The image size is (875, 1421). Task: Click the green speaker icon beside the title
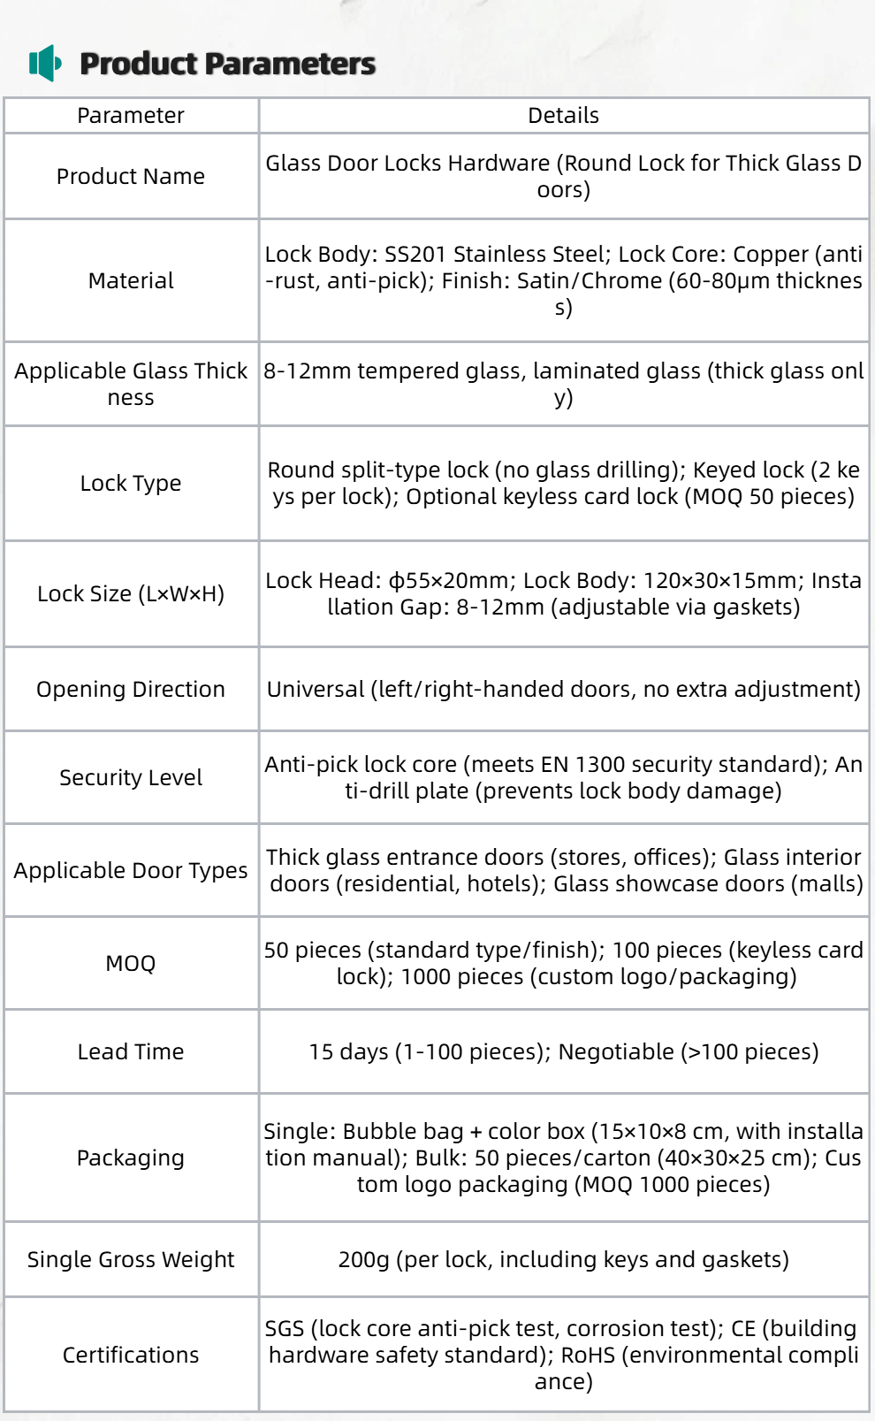click(45, 64)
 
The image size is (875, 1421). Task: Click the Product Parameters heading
click(227, 64)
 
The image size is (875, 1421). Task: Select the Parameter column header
click(131, 116)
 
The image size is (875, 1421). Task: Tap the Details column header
click(563, 116)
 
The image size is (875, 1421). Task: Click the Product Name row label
click(131, 177)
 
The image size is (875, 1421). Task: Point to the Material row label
click(131, 281)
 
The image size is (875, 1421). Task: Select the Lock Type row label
click(131, 484)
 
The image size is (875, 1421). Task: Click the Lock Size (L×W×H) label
click(131, 594)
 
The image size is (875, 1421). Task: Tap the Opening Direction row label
click(131, 690)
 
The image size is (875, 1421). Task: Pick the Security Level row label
click(131, 778)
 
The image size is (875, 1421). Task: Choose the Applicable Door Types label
click(131, 871)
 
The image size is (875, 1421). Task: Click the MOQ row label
click(131, 964)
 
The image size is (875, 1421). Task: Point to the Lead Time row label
click(131, 1052)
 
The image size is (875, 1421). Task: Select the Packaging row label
click(131, 1158)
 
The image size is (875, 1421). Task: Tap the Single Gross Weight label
click(131, 1260)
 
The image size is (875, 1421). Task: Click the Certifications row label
click(131, 1356)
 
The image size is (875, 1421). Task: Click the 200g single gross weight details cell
click(563, 1260)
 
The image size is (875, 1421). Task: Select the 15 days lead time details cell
click(563, 1052)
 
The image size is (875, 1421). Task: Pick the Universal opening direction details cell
click(563, 690)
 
